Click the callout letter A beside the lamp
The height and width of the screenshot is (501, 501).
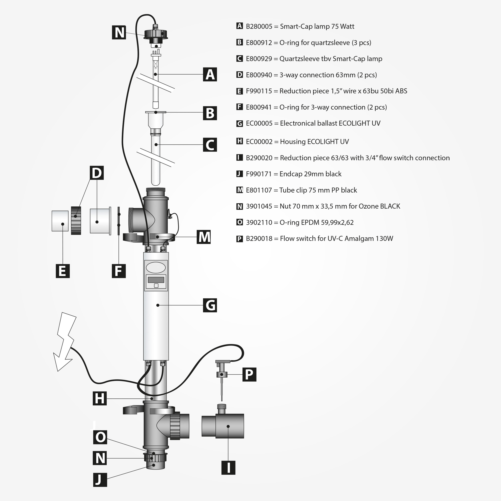click(210, 74)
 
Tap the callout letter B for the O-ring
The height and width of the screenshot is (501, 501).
click(210, 113)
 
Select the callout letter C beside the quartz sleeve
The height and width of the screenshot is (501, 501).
click(210, 145)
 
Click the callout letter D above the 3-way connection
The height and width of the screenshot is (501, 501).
click(97, 173)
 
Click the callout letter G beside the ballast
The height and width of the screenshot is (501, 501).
click(210, 305)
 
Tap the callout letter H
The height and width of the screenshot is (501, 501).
click(100, 399)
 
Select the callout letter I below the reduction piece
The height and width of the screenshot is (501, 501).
click(228, 468)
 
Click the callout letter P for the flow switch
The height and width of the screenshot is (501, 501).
click(249, 375)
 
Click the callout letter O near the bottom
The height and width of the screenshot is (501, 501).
click(100, 437)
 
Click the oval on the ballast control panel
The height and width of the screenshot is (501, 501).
click(156, 267)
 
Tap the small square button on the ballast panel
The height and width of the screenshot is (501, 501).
click(156, 286)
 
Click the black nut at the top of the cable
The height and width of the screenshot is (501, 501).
click(156, 34)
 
